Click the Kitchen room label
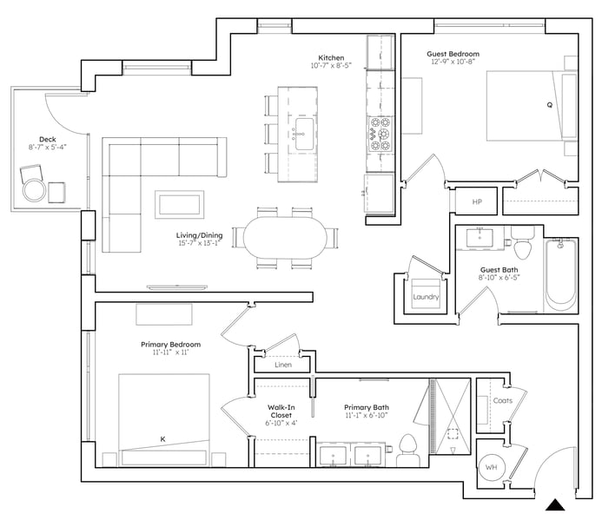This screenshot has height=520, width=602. click(331, 58)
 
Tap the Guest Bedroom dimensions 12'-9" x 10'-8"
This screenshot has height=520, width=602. click(453, 62)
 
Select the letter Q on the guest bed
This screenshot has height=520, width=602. click(549, 105)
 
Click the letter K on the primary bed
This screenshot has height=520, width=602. click(162, 439)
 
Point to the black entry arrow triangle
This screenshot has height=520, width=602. click(555, 504)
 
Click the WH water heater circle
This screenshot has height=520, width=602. click(492, 467)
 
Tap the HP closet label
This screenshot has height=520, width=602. click(477, 202)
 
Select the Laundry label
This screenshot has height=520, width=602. click(426, 297)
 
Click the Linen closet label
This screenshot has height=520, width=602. click(283, 365)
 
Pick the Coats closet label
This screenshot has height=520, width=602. click(503, 401)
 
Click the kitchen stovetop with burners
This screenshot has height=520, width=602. click(380, 135)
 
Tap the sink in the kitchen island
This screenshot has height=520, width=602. click(304, 134)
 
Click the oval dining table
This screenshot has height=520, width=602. click(285, 237)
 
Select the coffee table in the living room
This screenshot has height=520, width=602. click(179, 205)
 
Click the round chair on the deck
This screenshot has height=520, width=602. click(34, 190)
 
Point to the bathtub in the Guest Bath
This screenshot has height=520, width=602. click(561, 274)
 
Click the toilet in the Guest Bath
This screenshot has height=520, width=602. click(523, 243)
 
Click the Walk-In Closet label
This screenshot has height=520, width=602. click(281, 411)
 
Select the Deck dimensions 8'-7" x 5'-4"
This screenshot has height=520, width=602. click(48, 147)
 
